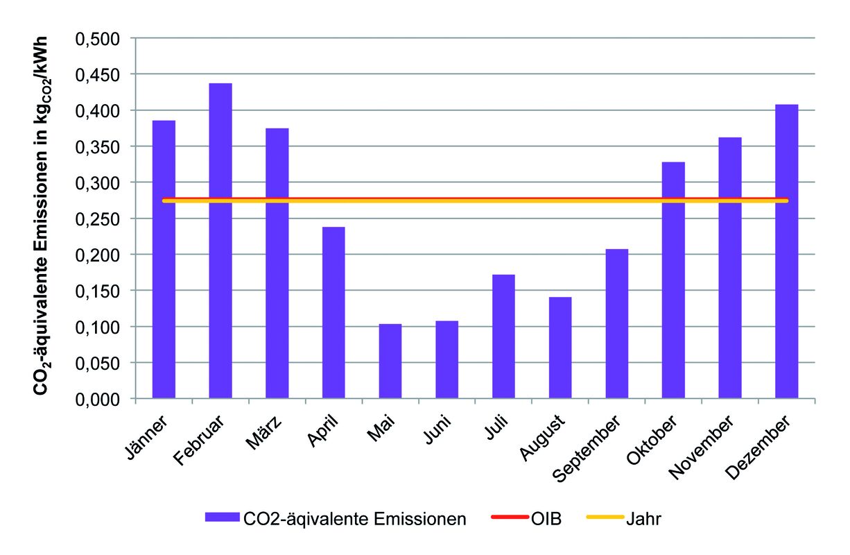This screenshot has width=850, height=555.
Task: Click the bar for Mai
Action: coord(390,361)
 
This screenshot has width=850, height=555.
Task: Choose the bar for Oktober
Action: coord(673,280)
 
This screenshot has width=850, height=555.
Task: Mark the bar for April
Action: coord(333,313)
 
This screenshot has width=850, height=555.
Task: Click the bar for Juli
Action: coord(503,336)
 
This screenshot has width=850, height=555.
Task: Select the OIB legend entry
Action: coord(527,518)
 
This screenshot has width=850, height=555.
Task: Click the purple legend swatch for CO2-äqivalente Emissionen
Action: coord(221,518)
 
